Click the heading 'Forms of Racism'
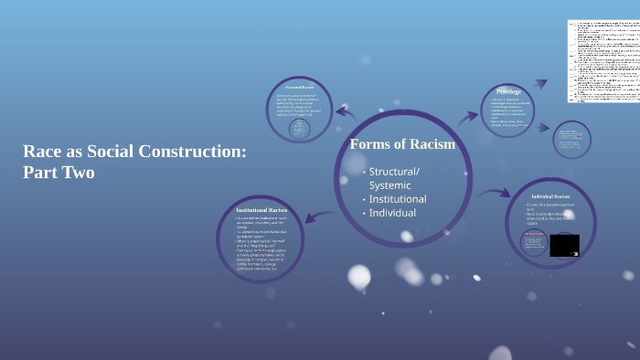(402, 144)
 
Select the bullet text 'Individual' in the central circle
(392, 213)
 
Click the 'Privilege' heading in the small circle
(508, 93)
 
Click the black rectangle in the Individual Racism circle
(563, 245)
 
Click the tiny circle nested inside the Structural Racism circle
(299, 130)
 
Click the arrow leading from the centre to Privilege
(468, 115)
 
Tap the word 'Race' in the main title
(43, 152)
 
